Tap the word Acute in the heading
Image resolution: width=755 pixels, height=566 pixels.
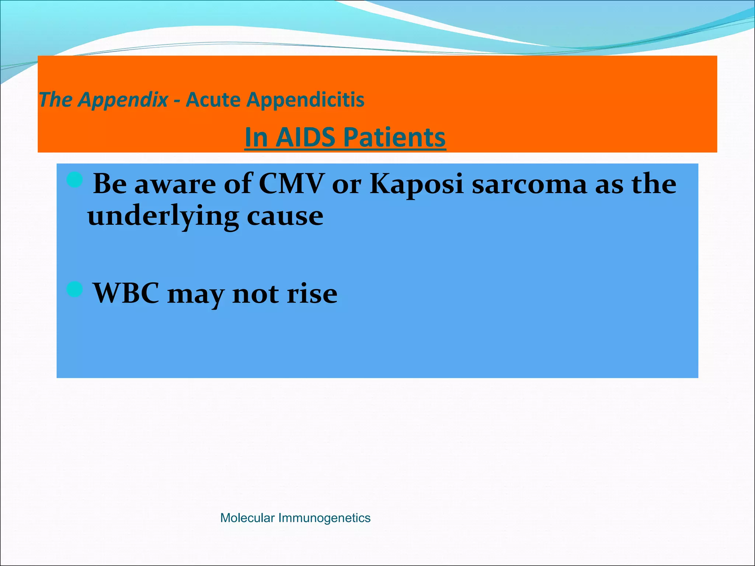tap(213, 100)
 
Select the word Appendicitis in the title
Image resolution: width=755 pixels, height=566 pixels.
tap(305, 100)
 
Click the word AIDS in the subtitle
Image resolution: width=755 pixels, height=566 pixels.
tap(305, 137)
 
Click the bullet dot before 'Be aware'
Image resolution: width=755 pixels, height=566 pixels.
tap(75, 181)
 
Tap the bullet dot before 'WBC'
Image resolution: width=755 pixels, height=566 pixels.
tap(75, 289)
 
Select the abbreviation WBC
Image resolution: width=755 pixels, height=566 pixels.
tap(126, 293)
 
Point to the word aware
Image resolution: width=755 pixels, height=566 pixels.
tap(175, 184)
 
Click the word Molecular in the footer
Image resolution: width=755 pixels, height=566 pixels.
tap(247, 518)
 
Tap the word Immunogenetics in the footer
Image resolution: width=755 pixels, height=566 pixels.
tap(324, 518)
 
